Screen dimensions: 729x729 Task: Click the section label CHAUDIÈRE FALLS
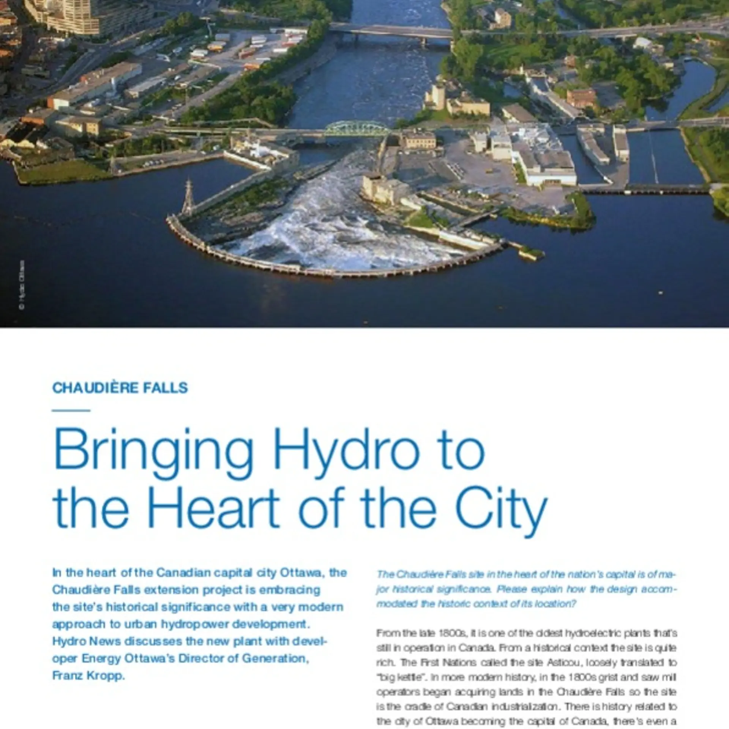(x=120, y=388)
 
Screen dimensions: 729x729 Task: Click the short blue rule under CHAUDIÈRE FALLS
(x=71, y=410)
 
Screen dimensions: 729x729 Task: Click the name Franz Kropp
(x=88, y=676)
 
